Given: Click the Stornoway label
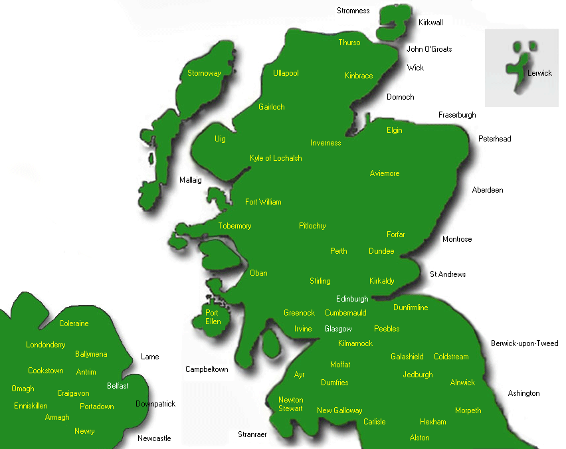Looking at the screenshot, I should coord(204,73).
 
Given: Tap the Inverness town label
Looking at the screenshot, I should coord(326,143).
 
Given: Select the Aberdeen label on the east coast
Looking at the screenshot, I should coord(487,190).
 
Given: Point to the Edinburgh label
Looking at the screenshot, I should coord(352,300).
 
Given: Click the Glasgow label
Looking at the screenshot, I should coord(338,329).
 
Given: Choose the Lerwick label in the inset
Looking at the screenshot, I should coord(539,73).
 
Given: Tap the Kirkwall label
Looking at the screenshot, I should coord(430,23).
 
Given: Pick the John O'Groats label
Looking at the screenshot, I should coord(429,49).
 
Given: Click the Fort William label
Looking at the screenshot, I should coord(263,202).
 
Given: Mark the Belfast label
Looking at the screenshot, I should coord(118,386).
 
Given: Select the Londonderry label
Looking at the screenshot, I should coord(46,345).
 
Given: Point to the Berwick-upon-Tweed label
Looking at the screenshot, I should coord(524,343).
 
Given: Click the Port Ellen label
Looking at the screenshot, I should coord(213,317).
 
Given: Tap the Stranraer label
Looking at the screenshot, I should coord(252,434).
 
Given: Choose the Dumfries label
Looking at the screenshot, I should coord(334,383).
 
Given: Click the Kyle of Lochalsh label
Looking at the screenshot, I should coord(276,158).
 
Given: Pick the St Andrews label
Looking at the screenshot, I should coord(448,274).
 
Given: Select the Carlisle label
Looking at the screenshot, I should coord(375,422).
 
